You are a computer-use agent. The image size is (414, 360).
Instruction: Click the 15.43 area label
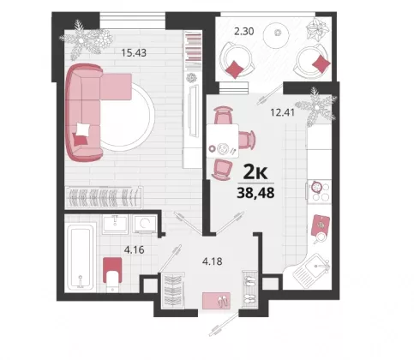click(x=134, y=53)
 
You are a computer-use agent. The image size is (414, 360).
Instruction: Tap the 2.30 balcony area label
click(x=244, y=31)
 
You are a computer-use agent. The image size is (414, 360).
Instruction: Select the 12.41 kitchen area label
click(x=282, y=112)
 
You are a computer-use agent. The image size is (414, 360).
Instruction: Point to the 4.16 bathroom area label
click(x=134, y=250)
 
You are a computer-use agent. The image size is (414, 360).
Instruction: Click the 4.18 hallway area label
click(x=212, y=261)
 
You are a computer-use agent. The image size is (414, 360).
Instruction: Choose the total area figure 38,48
click(x=255, y=193)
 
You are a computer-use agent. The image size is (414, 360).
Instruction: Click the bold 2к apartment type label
click(x=255, y=172)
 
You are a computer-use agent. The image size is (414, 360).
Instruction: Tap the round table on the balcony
click(x=277, y=34)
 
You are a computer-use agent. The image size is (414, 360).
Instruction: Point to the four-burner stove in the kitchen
click(x=320, y=191)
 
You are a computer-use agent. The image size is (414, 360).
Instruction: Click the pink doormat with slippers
click(x=216, y=300)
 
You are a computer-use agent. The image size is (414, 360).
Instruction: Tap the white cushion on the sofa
click(x=83, y=129)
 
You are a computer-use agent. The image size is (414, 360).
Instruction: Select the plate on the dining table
click(x=223, y=148)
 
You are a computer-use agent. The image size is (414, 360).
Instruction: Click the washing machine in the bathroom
click(x=145, y=224)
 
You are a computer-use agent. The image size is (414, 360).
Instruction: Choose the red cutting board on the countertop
click(x=321, y=225)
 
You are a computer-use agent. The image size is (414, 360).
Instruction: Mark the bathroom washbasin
click(x=115, y=224)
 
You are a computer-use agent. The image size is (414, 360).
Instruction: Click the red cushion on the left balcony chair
click(x=235, y=69)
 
